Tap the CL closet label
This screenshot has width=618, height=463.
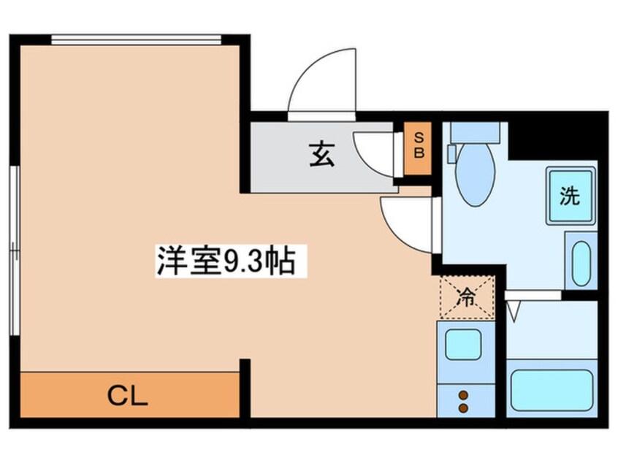coord(128,395)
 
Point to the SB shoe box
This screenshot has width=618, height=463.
coord(419,148)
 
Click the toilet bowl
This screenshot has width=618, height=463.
coord(475,175)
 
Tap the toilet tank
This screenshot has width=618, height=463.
coord(475,132)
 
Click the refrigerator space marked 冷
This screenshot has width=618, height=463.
coord(466,297)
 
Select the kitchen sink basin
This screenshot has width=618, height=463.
coord(463,344)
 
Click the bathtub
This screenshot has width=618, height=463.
coord(552,390)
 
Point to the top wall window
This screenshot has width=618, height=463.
coord(136,39)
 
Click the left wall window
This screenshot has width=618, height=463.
coord(14,248)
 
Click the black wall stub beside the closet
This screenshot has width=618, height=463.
coord(245,388)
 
